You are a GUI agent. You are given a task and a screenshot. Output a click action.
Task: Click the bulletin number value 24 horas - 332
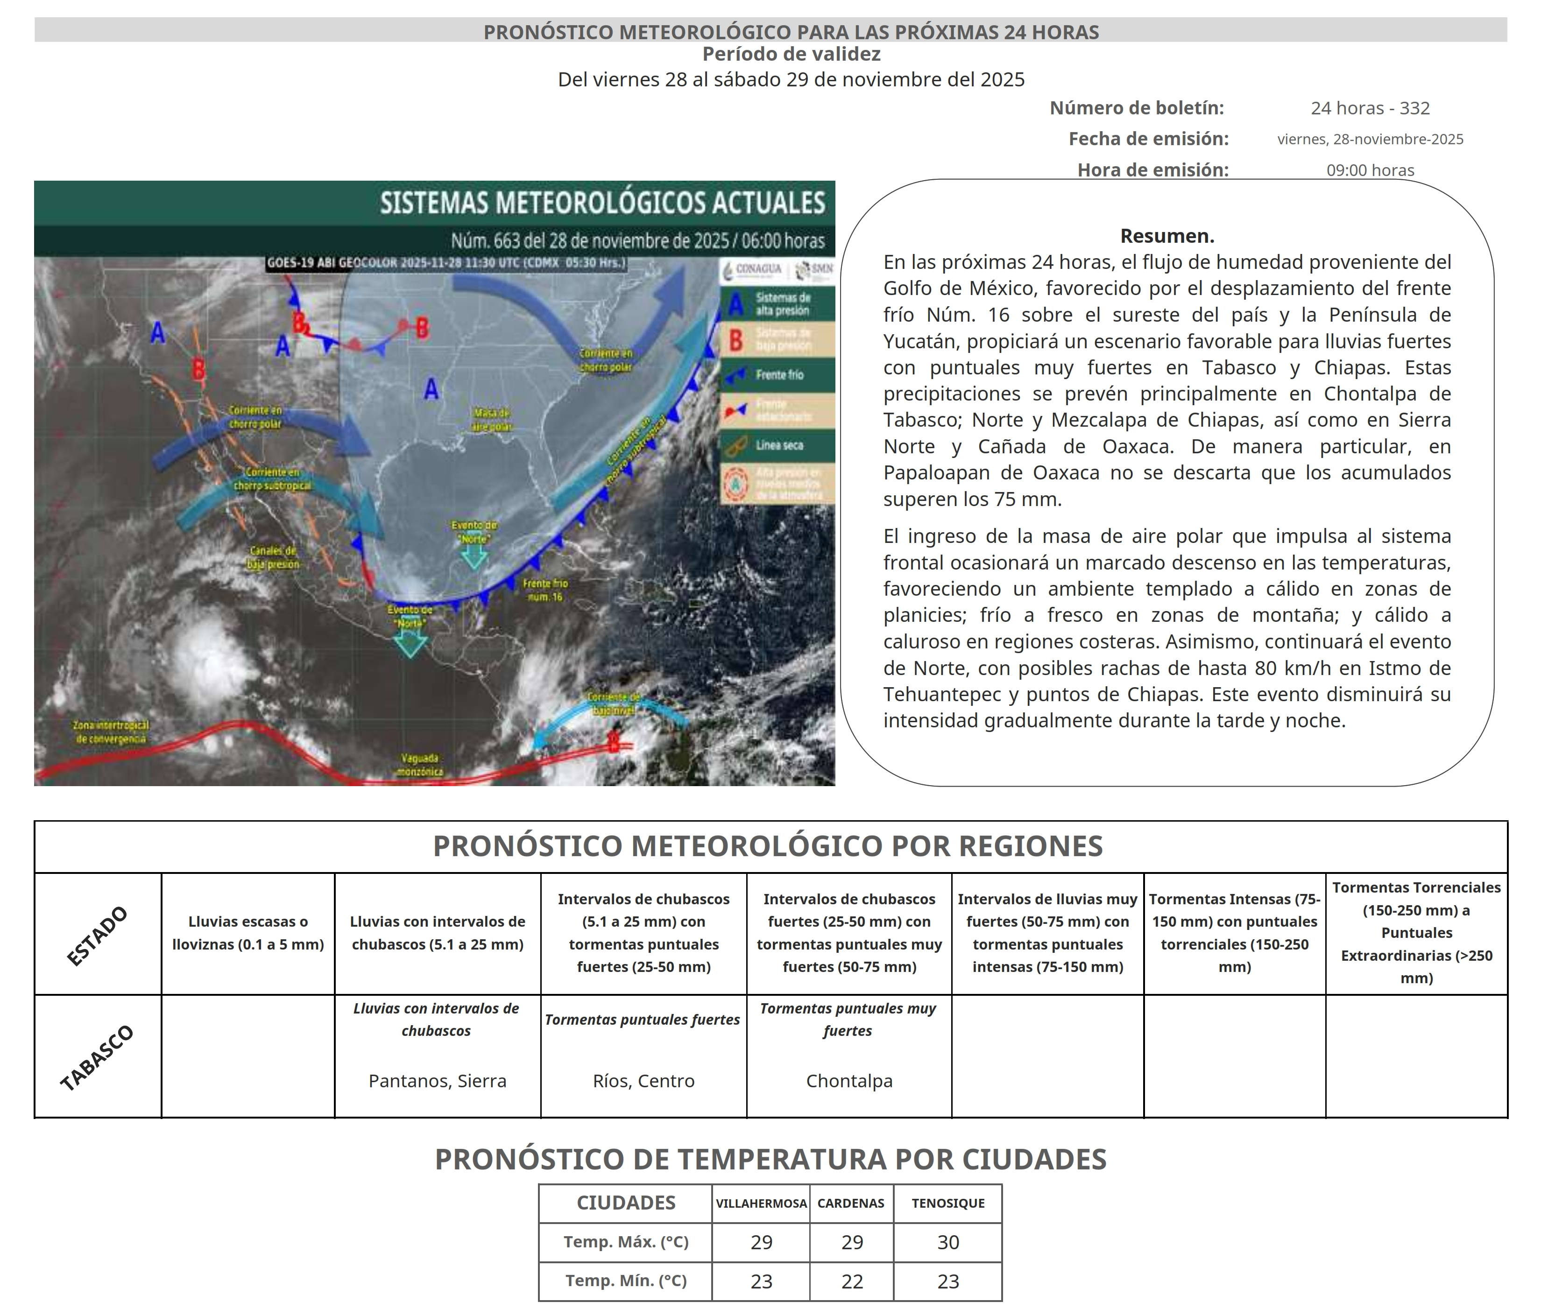(1370, 108)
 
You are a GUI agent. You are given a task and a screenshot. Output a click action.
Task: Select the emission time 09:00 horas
(1370, 170)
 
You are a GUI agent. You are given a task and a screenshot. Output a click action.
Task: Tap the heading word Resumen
(1166, 236)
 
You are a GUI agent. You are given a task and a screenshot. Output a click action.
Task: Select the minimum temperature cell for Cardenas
(851, 1281)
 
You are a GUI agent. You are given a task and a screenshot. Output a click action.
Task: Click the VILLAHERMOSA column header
(761, 1203)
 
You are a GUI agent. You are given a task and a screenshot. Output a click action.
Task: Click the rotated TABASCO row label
(97, 1057)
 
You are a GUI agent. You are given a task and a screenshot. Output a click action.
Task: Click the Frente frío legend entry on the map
(778, 375)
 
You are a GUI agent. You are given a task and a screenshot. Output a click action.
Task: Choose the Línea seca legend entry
(778, 445)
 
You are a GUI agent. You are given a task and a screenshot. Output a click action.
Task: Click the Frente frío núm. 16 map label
(545, 590)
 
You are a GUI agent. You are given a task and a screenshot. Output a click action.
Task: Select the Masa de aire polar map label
(491, 419)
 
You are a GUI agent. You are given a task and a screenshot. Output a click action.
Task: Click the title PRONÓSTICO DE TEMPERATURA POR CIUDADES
(770, 1159)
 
